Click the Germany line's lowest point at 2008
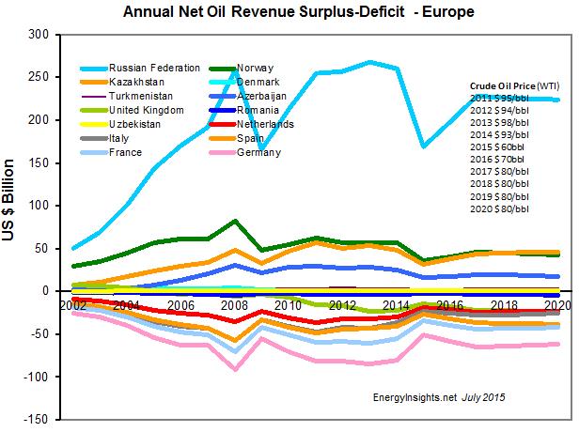236,369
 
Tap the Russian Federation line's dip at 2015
425,146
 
